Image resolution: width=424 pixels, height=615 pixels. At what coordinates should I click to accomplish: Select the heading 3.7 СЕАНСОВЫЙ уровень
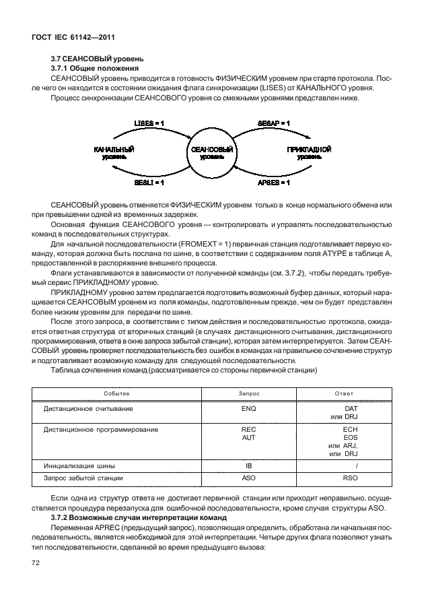click(x=96, y=59)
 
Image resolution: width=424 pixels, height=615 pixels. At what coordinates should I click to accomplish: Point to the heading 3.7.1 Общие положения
click(x=95, y=69)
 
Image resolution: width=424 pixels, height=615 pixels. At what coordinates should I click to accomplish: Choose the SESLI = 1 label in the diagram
click(x=149, y=183)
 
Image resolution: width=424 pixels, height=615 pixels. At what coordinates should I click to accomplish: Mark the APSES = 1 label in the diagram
click(x=274, y=183)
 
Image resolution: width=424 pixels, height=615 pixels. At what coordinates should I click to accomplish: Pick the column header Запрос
click(x=249, y=393)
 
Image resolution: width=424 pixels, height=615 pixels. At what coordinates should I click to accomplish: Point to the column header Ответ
click(x=343, y=393)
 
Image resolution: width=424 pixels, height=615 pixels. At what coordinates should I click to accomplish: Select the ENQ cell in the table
click(x=249, y=409)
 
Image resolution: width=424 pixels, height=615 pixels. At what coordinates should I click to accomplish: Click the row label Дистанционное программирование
click(x=101, y=429)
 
